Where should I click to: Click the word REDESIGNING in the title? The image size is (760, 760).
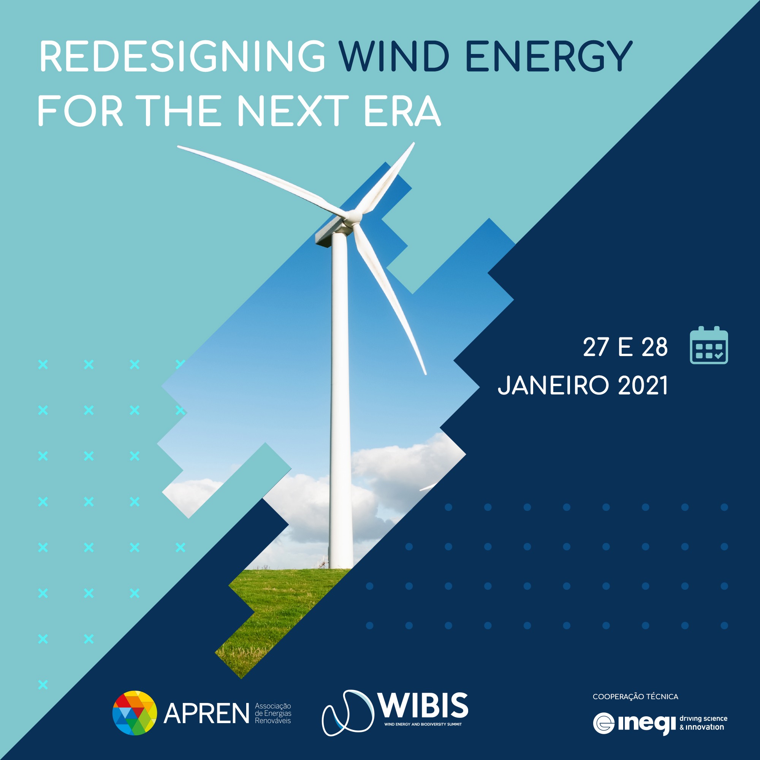(182, 56)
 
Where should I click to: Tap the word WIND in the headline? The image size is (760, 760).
(394, 56)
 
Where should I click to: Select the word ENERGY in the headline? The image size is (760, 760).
(549, 56)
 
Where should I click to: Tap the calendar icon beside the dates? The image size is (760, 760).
(709, 345)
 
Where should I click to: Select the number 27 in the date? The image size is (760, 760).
(596, 347)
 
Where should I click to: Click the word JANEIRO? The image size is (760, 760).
(553, 385)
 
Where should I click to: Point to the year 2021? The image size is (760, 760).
(643, 385)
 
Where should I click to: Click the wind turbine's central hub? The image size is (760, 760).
(351, 217)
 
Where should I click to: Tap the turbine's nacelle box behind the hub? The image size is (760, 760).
(331, 234)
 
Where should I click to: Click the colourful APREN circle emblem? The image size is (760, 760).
(135, 713)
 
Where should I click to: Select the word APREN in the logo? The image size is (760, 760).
(206, 714)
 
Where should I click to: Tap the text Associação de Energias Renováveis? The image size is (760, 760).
(273, 713)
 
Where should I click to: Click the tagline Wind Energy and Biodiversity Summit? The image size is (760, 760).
(423, 724)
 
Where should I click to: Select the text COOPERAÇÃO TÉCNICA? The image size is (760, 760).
(635, 697)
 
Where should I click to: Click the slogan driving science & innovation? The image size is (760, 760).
(703, 723)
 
